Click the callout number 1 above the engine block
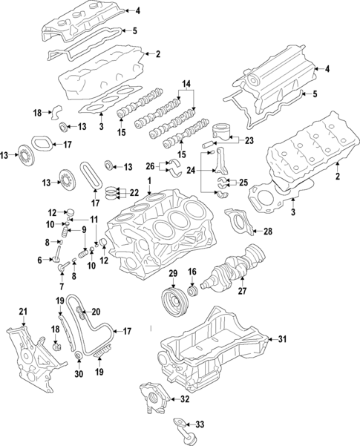(150, 182)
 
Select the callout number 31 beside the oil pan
(281, 340)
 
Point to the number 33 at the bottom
(198, 424)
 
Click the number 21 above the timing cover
(22, 310)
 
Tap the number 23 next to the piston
(248, 140)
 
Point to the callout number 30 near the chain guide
(79, 376)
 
